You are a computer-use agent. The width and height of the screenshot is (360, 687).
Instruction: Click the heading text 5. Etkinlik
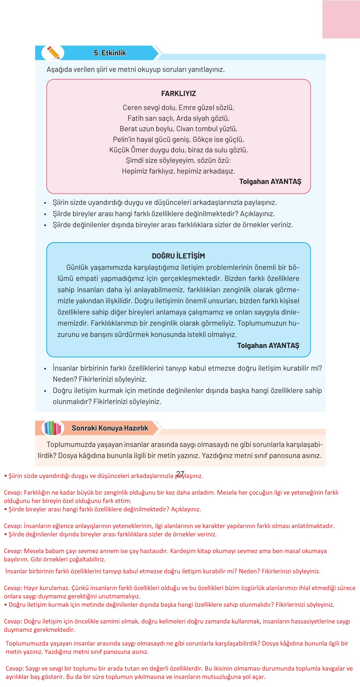110,53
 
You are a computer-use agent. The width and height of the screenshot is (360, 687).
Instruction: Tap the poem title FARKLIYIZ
178,94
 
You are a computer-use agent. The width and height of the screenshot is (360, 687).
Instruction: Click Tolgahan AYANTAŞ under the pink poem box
270,182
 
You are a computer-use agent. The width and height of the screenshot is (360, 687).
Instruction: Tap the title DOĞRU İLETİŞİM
178,256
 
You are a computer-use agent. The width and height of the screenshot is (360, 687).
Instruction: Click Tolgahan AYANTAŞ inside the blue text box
268,346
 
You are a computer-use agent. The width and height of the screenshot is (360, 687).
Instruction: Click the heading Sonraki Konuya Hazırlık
110,428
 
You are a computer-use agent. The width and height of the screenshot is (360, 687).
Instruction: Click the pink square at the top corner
341,19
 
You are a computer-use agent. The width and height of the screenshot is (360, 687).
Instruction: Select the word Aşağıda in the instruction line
59,69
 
